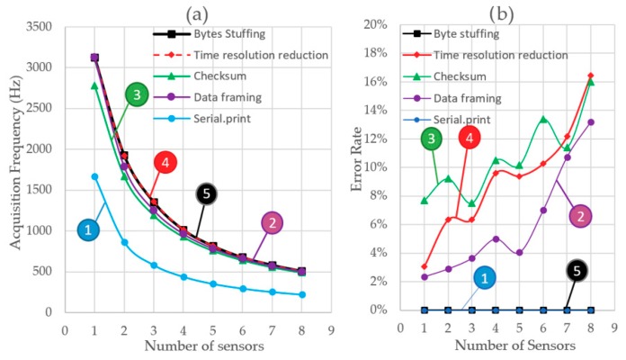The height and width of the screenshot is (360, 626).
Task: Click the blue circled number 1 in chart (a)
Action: [88, 230]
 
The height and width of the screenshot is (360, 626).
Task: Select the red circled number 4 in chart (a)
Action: [165, 163]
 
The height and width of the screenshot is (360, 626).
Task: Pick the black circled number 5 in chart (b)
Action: [577, 270]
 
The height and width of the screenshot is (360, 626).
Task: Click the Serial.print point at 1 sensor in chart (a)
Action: [94, 176]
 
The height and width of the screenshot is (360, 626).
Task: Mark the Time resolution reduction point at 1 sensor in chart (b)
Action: [425, 266]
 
